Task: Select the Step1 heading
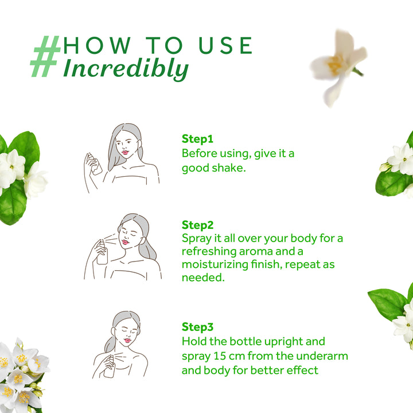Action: tap(197, 139)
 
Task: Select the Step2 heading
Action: tap(198, 224)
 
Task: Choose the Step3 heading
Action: tap(198, 326)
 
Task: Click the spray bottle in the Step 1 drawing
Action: tap(96, 165)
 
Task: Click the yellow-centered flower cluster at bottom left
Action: tap(20, 373)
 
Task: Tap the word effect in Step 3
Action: tap(302, 370)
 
